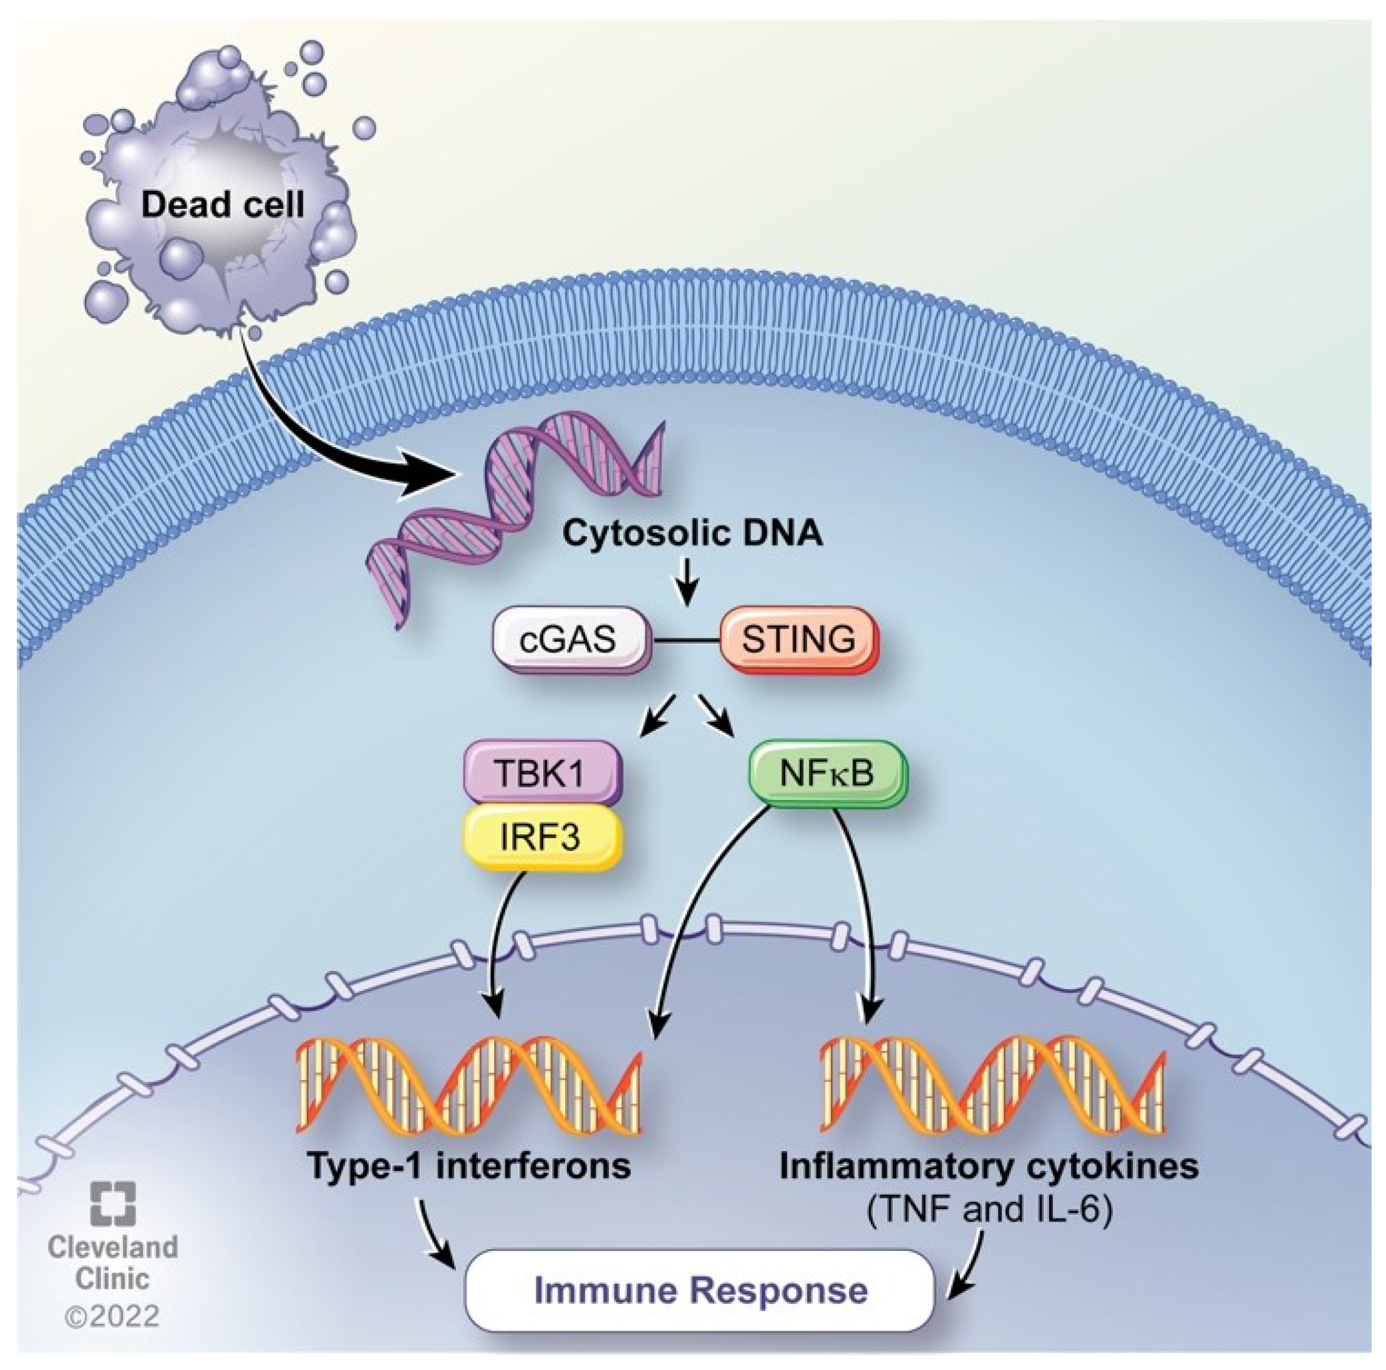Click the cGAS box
[570, 639]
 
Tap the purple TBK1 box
[541, 773]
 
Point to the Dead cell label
[223, 205]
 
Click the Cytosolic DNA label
[692, 533]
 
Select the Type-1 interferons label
[469, 1165]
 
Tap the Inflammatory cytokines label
[989, 1165]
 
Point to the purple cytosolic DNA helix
[516, 502]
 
